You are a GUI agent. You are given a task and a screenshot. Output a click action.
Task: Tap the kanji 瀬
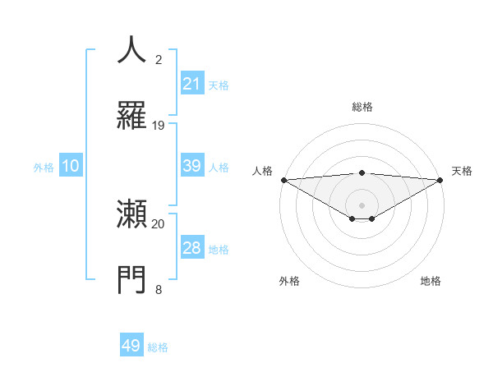(x=132, y=215)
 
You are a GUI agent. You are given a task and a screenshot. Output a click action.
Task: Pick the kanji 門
(x=132, y=279)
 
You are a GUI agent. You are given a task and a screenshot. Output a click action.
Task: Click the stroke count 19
(x=159, y=125)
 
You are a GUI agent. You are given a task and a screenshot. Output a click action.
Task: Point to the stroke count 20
(x=159, y=223)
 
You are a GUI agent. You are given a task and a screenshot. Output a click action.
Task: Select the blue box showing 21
(x=191, y=84)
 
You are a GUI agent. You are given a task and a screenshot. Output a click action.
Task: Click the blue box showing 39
(x=191, y=166)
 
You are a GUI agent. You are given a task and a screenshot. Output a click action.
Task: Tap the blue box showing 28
(x=191, y=248)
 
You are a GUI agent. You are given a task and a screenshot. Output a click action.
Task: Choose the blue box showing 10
(x=71, y=166)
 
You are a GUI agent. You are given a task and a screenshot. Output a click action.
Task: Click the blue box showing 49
(x=131, y=346)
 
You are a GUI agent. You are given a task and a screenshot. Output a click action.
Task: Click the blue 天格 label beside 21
(x=219, y=85)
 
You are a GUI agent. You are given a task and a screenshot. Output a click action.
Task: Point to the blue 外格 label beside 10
(x=44, y=167)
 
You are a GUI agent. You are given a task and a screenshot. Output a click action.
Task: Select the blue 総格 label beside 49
(x=158, y=347)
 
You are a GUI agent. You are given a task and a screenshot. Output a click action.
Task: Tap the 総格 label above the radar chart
(x=362, y=107)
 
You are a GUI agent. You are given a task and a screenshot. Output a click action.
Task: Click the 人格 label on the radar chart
(x=262, y=171)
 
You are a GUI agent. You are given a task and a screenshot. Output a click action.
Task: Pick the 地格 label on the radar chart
(x=431, y=281)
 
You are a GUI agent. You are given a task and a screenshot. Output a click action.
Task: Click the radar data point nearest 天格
(x=440, y=179)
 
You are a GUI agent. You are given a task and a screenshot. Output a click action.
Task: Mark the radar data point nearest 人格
(x=283, y=179)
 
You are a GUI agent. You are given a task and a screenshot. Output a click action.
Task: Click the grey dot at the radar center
(x=362, y=204)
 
